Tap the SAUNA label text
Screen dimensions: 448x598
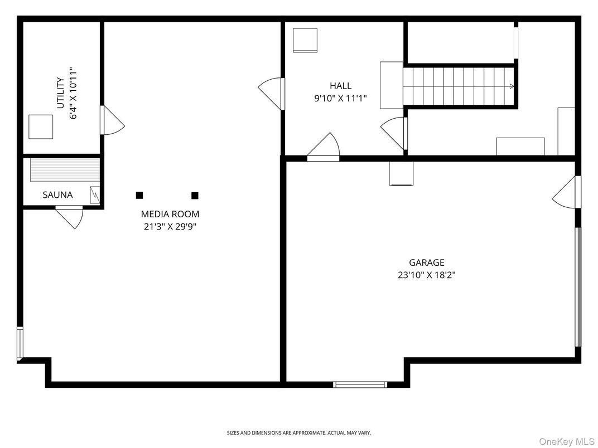(x=57, y=195)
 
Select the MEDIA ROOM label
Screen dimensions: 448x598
(x=170, y=214)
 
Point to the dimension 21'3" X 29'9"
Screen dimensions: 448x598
(x=170, y=226)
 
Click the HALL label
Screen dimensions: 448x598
(x=340, y=86)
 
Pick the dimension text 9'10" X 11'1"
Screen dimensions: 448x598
(x=340, y=100)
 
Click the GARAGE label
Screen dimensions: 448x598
(x=427, y=262)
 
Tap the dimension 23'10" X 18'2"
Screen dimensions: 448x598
(x=427, y=275)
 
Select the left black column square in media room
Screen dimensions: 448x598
(x=139, y=195)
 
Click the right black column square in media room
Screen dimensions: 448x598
(x=195, y=195)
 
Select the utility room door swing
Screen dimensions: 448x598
(x=112, y=121)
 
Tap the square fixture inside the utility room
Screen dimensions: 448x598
(x=41, y=126)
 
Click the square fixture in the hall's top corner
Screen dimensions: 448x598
(x=305, y=40)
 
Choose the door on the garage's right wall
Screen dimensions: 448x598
(x=566, y=192)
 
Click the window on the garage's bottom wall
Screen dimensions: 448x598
(x=360, y=384)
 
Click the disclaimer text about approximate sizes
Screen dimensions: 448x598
(x=298, y=432)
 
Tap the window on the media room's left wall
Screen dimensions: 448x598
(x=20, y=343)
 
